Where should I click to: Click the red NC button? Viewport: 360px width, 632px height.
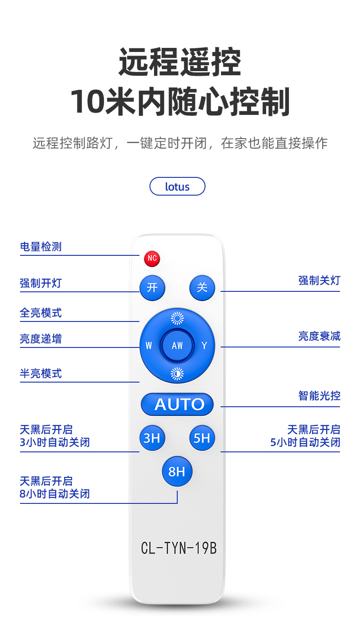(152, 259)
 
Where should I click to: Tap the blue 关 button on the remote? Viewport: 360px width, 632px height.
(202, 288)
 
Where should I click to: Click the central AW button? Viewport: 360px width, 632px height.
(177, 346)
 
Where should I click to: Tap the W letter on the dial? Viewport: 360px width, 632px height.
(149, 346)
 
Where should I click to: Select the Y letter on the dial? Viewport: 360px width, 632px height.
(204, 346)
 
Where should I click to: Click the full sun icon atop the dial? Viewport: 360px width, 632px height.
(177, 318)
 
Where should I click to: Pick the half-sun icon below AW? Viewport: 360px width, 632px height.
(177, 373)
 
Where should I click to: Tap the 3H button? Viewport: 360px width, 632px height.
(152, 438)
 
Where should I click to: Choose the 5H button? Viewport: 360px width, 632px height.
(202, 438)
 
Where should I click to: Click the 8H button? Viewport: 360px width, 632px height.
(177, 471)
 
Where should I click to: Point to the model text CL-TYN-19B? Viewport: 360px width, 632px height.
(179, 548)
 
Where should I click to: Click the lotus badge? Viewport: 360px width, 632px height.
(177, 186)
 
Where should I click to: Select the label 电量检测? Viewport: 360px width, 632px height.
(41, 247)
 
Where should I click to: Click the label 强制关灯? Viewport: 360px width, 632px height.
(319, 280)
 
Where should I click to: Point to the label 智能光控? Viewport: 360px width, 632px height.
(319, 396)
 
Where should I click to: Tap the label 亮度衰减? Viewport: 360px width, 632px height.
(319, 337)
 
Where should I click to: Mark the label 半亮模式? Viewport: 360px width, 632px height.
(41, 373)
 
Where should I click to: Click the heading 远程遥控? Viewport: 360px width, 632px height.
(180, 62)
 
